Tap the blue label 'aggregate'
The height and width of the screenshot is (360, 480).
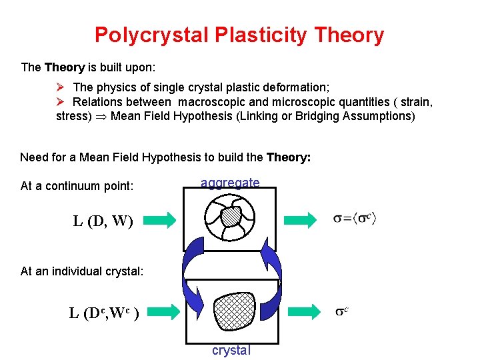tap(230, 183)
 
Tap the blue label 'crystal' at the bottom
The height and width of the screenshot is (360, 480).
tap(231, 350)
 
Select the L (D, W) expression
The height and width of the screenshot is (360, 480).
tap(103, 221)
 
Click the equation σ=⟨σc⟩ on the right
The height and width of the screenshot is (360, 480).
tap(355, 219)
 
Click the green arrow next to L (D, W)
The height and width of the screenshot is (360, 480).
tap(159, 219)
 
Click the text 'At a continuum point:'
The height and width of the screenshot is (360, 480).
tap(77, 186)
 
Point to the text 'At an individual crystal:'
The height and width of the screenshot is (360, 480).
tap(82, 271)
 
